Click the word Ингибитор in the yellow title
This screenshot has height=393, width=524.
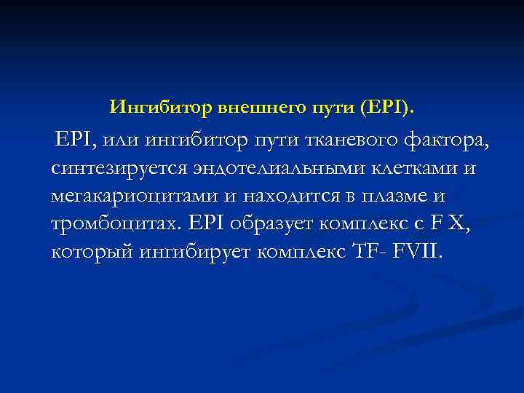[x=161, y=108]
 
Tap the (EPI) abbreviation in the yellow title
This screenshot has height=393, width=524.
[x=388, y=108]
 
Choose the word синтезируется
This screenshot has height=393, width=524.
[x=120, y=169]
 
